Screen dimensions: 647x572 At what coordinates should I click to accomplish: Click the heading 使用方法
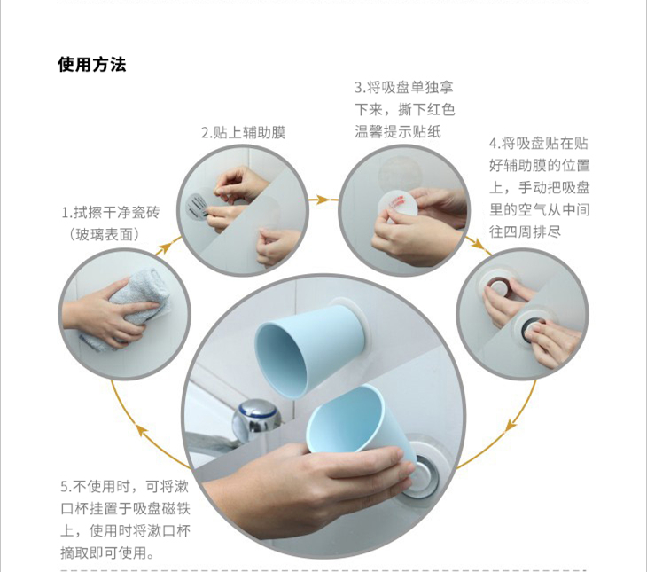point(91,65)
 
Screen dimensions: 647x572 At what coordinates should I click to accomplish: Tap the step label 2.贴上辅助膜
point(243,133)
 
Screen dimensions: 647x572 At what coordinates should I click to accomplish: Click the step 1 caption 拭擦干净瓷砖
point(110,213)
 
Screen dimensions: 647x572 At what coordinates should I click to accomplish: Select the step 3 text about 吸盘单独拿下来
point(404,109)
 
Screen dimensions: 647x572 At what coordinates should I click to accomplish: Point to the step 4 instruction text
point(539,188)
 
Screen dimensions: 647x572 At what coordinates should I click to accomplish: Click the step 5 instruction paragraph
point(125,520)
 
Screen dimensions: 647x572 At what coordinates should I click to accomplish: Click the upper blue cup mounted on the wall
point(308,349)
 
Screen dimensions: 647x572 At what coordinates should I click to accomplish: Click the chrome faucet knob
point(257,416)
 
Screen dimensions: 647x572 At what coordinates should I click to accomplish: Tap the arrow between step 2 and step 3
point(323,200)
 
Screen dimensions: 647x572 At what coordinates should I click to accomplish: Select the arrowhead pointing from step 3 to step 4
point(479,244)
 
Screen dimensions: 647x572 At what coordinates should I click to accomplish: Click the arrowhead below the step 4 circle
point(511,426)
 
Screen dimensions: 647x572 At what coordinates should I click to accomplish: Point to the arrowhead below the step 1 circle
point(143,430)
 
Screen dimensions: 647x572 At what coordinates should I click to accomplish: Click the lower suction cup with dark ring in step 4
point(534,326)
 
